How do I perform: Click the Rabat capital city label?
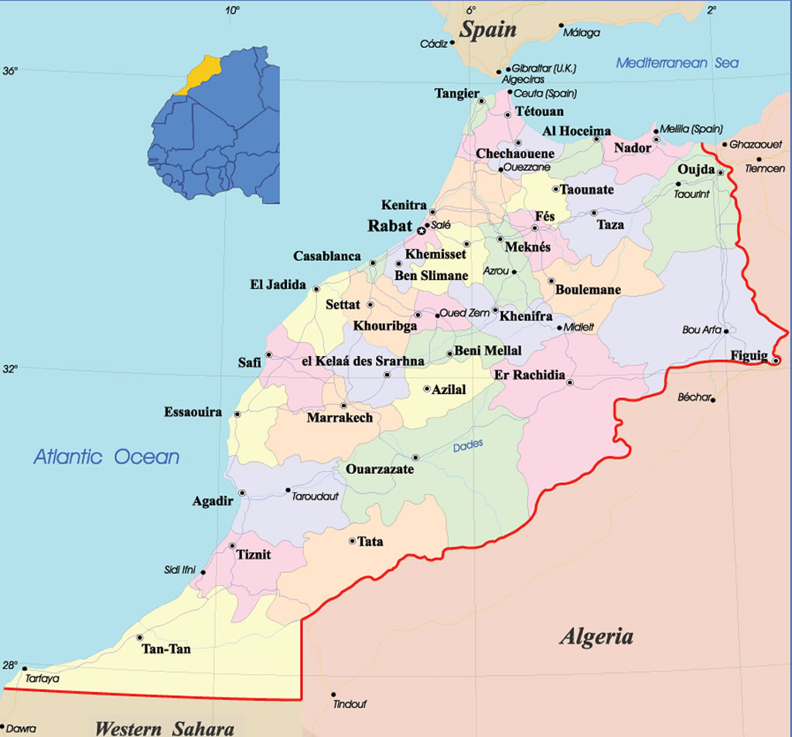pyautogui.click(x=390, y=227)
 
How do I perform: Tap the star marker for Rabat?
pyautogui.click(x=422, y=231)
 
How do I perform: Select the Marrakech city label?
pyautogui.click(x=340, y=418)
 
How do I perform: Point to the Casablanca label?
pyautogui.click(x=326, y=256)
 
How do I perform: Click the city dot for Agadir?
pyautogui.click(x=242, y=492)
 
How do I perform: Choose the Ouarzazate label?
pyautogui.click(x=380, y=469)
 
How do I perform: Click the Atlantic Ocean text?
pyautogui.click(x=106, y=457)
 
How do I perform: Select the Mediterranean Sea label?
pyautogui.click(x=677, y=63)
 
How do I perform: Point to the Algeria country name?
pyautogui.click(x=596, y=636)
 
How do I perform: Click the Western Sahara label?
pyautogui.click(x=164, y=728)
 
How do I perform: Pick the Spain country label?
pyautogui.click(x=487, y=29)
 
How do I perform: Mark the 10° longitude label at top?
pyautogui.click(x=232, y=10)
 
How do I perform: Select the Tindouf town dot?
pyautogui.click(x=333, y=694)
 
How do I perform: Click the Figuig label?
pyautogui.click(x=749, y=355)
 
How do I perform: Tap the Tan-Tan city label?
pyautogui.click(x=166, y=649)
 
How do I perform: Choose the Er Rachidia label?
pyautogui.click(x=529, y=375)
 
